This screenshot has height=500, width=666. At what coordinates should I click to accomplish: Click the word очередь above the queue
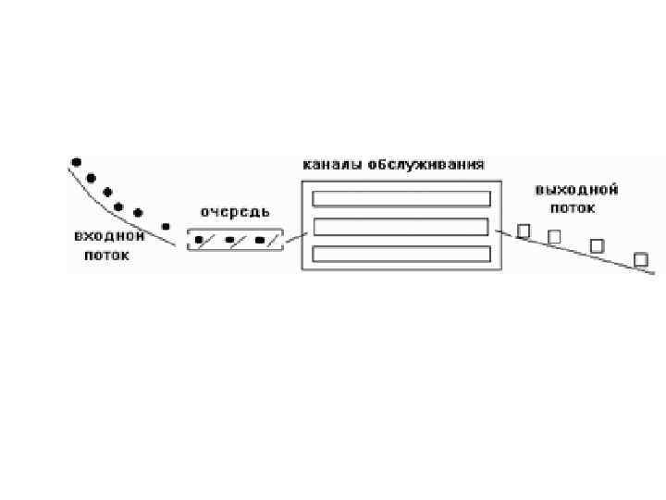coord(235,213)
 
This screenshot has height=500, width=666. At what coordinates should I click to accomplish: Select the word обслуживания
coord(425,165)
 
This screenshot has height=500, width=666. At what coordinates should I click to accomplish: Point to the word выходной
coord(576,190)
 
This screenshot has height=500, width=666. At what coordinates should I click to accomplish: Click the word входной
coord(109,237)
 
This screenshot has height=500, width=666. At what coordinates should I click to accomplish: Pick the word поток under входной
coord(106,256)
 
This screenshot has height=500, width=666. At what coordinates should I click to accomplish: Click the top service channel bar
coord(401,198)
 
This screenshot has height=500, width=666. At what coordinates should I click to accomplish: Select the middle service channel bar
coord(401,227)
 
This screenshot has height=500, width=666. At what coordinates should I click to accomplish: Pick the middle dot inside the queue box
coord(228,241)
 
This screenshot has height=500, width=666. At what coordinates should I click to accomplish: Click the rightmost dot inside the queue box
coord(259,241)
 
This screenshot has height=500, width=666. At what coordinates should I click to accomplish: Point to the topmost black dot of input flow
coord(76,161)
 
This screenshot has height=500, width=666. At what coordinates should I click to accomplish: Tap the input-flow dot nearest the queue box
coord(166,226)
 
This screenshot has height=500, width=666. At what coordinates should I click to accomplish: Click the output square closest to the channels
coord(524,231)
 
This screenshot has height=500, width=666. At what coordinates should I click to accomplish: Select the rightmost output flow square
coord(640,259)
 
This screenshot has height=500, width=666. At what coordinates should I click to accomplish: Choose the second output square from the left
coord(554,237)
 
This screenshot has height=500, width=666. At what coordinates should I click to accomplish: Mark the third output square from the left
coord(597,245)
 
